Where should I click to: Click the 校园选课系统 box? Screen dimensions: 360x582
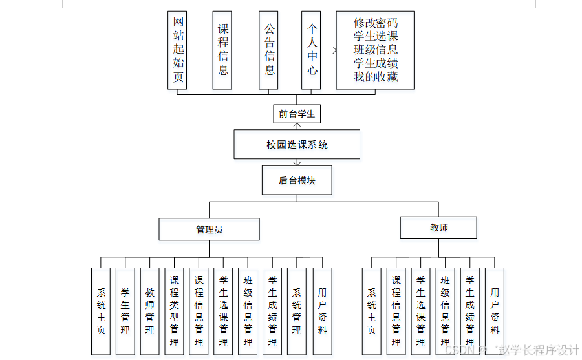click(x=297, y=145)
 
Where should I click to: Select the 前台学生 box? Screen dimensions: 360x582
click(x=297, y=114)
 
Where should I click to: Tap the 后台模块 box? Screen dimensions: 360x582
click(x=297, y=180)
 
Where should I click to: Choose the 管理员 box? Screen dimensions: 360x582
click(x=209, y=229)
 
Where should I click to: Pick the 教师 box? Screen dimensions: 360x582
click(x=438, y=228)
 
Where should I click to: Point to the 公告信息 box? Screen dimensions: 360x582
click(x=269, y=50)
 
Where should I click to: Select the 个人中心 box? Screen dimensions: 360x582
click(x=312, y=50)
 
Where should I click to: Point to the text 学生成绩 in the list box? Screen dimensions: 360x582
click(x=376, y=64)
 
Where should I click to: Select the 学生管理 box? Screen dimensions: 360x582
click(x=125, y=311)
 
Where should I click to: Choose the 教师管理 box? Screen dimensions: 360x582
click(x=150, y=311)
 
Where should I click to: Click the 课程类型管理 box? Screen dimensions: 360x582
click(x=174, y=311)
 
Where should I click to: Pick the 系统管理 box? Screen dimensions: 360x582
click(x=297, y=311)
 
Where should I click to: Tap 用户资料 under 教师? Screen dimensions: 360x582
click(x=495, y=311)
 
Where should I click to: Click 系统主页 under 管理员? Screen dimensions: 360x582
click(x=101, y=311)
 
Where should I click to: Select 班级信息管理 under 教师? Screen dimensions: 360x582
click(x=445, y=311)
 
